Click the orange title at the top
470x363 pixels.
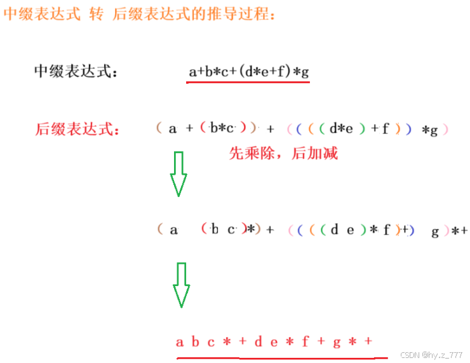coord(140,14)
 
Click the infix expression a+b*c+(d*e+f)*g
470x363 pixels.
coord(248,72)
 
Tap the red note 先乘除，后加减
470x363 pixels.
coord(283,153)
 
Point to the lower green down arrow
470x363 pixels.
coord(182,285)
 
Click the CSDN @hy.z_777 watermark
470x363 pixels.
coord(428,355)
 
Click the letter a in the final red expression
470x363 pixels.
coord(180,342)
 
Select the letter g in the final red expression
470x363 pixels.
coord(336,342)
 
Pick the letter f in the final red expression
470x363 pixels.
coord(305,342)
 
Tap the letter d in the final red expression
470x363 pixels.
coord(258,342)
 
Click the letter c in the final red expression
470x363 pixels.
coord(211,342)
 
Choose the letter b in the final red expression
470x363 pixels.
coord(195,342)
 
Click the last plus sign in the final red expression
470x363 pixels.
coord(368,342)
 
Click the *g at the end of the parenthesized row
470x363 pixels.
coord(430,130)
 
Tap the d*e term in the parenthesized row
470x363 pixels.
coord(341,129)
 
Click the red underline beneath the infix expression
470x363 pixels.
coord(248,83)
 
